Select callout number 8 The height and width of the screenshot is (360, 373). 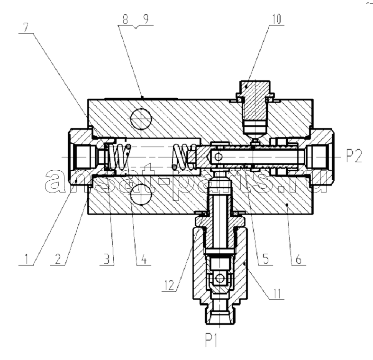click(125, 19)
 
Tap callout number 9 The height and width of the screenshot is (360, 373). click(146, 19)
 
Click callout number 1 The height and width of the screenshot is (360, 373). click(26, 259)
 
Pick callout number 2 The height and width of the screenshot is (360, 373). click(58, 259)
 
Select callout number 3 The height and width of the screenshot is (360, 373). click(107, 259)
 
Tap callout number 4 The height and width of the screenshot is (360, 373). click(144, 259)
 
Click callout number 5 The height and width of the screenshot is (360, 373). click(265, 259)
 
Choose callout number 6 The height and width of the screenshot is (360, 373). click(299, 259)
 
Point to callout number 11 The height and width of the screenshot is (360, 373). click(277, 293)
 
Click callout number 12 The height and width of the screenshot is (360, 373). click(169, 285)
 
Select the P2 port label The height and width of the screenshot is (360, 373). click(354, 157)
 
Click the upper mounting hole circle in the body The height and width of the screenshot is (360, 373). click(141, 119)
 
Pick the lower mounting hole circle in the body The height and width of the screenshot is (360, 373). click(141, 194)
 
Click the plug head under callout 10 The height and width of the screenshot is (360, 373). click(255, 89)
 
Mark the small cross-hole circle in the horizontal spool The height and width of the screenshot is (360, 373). click(218, 157)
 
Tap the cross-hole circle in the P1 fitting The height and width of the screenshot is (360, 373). click(219, 278)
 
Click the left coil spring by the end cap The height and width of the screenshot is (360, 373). click(119, 157)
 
